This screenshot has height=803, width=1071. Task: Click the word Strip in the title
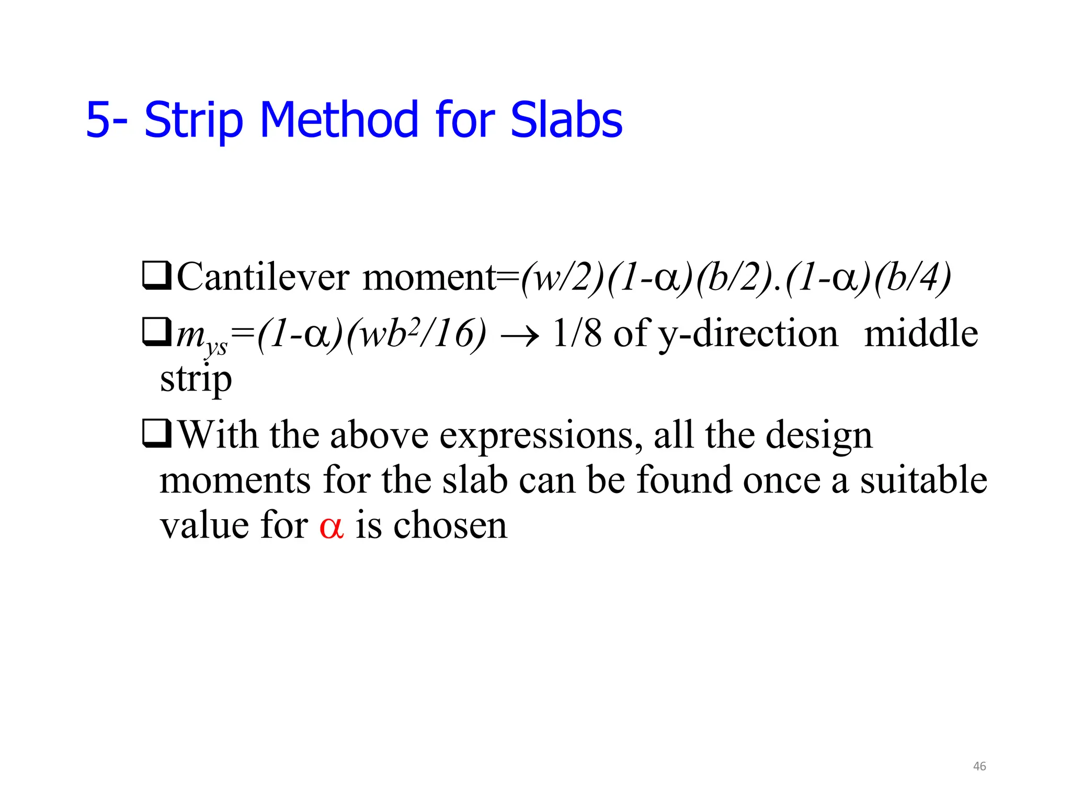click(193, 121)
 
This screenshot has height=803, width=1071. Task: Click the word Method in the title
click(339, 120)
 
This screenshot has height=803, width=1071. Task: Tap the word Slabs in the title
click(566, 120)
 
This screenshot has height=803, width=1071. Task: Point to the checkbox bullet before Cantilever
click(156, 276)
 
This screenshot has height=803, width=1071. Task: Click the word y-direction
click(747, 335)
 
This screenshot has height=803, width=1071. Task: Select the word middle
click(921, 334)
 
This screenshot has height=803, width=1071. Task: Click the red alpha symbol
click(332, 526)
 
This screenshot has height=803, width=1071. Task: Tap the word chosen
click(450, 525)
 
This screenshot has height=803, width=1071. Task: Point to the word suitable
click(924, 480)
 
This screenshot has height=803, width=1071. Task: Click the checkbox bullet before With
click(156, 434)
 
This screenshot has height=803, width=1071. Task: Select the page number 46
click(979, 766)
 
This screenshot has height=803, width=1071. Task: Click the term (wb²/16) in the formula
click(416, 335)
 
